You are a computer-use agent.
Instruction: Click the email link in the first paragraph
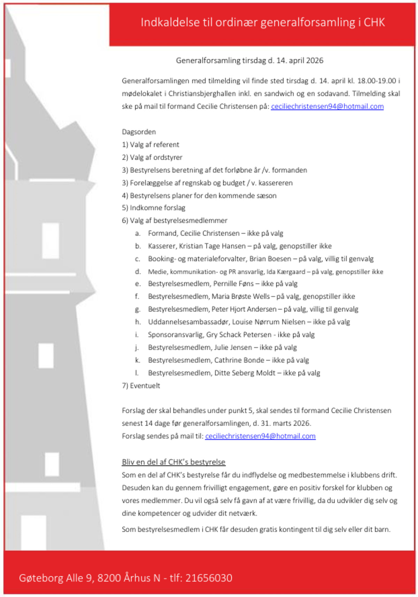pyautogui.click(x=327, y=107)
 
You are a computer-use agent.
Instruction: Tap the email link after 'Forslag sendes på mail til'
pyautogui.click(x=260, y=436)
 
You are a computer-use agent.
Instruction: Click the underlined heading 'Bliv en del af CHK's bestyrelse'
pyautogui.click(x=173, y=462)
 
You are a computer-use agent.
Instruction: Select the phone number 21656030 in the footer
pyautogui.click(x=209, y=578)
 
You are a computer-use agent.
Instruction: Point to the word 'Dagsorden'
pyautogui.click(x=139, y=132)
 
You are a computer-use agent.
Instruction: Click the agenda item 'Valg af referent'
pyautogui.click(x=154, y=145)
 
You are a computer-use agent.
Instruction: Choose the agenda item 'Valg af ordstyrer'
pyautogui.click(x=156, y=157)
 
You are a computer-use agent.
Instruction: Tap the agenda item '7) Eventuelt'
pyautogui.click(x=141, y=386)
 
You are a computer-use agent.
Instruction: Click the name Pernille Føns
pyautogui.click(x=233, y=284)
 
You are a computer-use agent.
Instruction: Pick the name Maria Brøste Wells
pyautogui.click(x=241, y=297)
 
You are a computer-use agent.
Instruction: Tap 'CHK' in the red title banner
pyautogui.click(x=374, y=22)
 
